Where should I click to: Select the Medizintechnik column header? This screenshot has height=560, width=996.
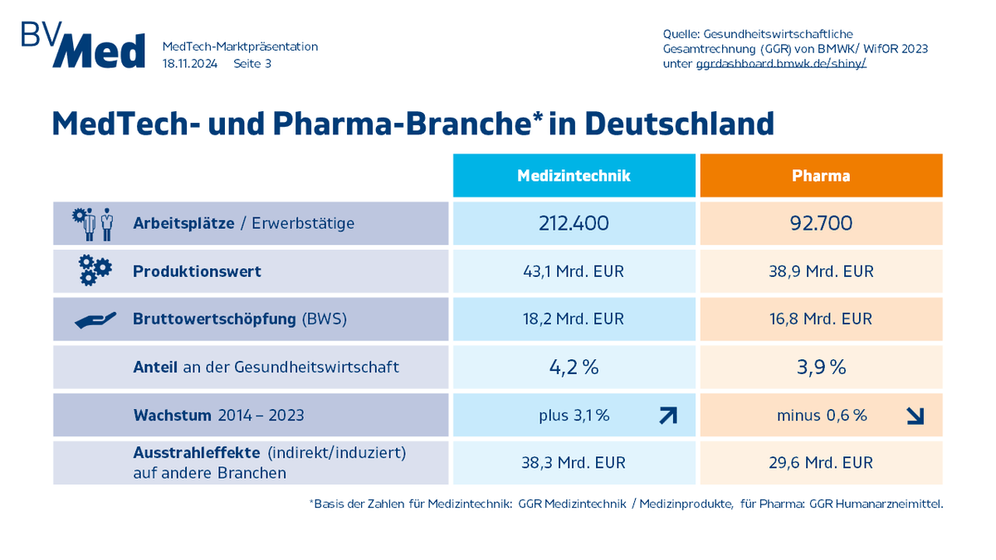click(574, 176)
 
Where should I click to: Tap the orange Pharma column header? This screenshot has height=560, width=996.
click(821, 176)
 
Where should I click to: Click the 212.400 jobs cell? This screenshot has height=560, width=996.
click(574, 223)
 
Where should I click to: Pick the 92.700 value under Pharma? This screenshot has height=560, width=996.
click(821, 223)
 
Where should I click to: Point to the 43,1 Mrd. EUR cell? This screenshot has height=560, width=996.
click(574, 271)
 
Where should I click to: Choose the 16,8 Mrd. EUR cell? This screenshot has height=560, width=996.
click(821, 319)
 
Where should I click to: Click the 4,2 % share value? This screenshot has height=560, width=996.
click(574, 367)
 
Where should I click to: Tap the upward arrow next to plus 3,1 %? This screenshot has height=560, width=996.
click(667, 416)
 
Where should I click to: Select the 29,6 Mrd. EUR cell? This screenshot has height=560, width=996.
click(821, 463)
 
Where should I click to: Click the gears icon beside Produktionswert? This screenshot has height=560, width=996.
click(95, 271)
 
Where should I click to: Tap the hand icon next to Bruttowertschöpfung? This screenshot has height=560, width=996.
click(95, 320)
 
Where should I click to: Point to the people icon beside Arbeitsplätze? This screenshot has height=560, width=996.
click(93, 224)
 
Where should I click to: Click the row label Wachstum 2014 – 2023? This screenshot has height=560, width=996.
click(218, 416)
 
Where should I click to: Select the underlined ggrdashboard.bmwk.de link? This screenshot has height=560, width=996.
click(780, 63)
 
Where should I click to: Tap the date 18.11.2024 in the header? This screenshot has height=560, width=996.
click(190, 63)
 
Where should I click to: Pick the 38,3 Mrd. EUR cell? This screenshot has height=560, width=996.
click(574, 463)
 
